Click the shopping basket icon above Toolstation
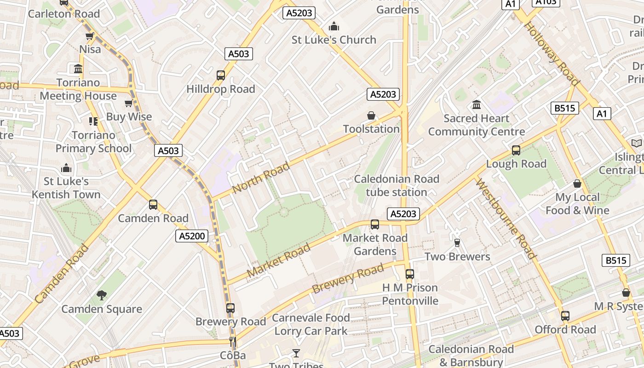(371, 115)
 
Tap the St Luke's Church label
(334, 40)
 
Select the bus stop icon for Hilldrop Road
(221, 75)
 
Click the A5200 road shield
(192, 236)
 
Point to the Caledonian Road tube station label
(397, 185)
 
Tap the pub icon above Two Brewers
(457, 242)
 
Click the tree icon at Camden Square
(102, 295)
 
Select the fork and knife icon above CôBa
(233, 341)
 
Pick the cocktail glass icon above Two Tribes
(296, 353)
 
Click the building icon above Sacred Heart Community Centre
(477, 105)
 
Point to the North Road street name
(261, 178)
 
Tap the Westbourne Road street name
(506, 219)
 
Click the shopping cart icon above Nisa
(90, 36)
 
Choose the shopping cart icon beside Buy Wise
(128, 103)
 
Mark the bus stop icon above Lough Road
(516, 150)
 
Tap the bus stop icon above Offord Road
(565, 316)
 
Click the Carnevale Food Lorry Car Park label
(311, 324)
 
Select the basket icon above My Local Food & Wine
(577, 184)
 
